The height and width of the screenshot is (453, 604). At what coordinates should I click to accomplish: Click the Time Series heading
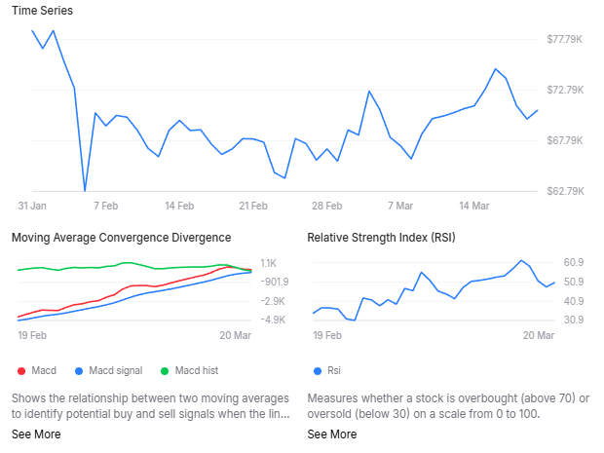pyautogui.click(x=42, y=11)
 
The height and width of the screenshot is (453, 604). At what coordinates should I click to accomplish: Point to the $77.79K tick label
pyautogui.click(x=565, y=39)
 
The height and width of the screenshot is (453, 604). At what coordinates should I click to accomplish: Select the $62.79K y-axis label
pyautogui.click(x=565, y=191)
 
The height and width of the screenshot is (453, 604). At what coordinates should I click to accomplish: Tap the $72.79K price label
pyautogui.click(x=565, y=90)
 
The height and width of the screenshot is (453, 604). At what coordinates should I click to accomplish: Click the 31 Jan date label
pyautogui.click(x=32, y=207)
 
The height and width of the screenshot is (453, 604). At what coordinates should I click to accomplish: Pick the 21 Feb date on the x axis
pyautogui.click(x=252, y=207)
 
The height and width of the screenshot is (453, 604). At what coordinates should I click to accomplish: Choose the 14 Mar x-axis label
pyautogui.click(x=473, y=207)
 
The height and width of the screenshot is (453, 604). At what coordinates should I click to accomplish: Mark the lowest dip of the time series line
pyautogui.click(x=85, y=190)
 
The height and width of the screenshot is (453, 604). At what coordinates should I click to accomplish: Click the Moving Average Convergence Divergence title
pyautogui.click(x=121, y=237)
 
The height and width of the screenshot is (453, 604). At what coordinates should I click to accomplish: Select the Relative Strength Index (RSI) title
pyautogui.click(x=381, y=237)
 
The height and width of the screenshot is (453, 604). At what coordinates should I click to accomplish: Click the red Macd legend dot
pyautogui.click(x=20, y=370)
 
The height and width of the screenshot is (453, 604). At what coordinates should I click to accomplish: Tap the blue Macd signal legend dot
pyautogui.click(x=79, y=370)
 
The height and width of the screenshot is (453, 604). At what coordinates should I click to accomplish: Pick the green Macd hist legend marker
pyautogui.click(x=165, y=370)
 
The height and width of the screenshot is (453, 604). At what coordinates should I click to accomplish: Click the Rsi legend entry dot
pyautogui.click(x=317, y=370)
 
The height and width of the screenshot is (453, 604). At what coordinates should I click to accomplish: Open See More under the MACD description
pyautogui.click(x=36, y=434)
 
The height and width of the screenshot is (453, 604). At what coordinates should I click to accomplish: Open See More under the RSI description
pyautogui.click(x=332, y=434)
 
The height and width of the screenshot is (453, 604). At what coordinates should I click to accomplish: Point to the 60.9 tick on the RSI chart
pyautogui.click(x=574, y=263)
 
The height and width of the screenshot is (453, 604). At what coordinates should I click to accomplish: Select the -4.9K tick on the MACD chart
pyautogui.click(x=273, y=320)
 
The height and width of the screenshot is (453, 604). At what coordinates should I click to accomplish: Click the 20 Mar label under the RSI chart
pyautogui.click(x=539, y=335)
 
